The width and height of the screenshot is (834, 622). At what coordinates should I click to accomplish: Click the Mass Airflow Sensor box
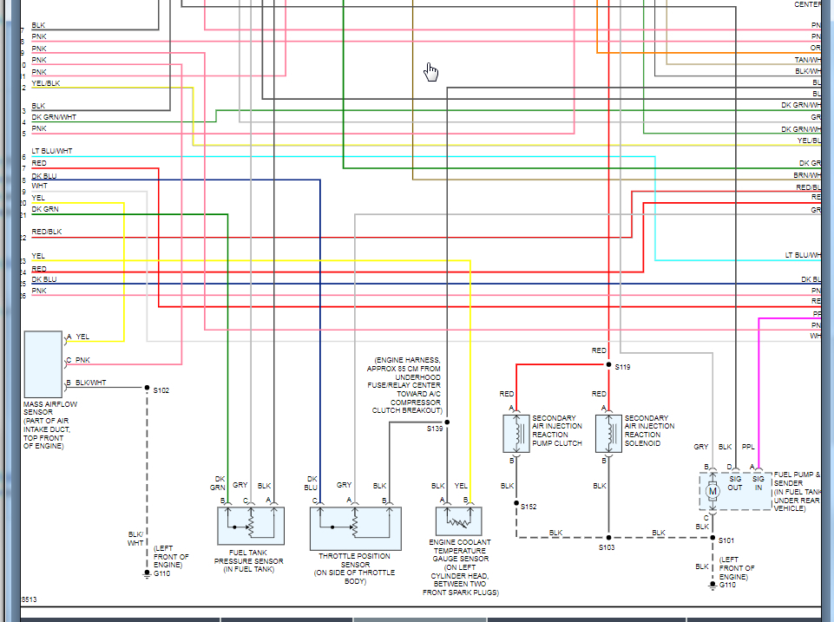click(x=43, y=363)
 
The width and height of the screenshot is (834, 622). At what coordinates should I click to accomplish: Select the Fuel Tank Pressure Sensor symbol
click(x=250, y=526)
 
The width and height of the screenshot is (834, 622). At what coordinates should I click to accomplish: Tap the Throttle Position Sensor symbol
click(x=354, y=527)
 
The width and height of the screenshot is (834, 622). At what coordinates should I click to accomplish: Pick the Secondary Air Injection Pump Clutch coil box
click(x=516, y=433)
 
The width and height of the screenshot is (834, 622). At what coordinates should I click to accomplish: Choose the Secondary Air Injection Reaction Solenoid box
click(x=608, y=433)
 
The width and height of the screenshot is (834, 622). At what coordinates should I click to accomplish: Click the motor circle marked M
click(x=713, y=491)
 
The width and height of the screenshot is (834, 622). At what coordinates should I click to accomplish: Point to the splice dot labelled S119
click(x=608, y=365)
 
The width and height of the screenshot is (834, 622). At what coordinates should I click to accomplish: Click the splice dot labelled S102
click(x=147, y=388)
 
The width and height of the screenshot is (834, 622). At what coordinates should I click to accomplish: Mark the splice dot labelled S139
click(x=447, y=422)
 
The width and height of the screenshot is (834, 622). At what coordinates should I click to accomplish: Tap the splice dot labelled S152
click(x=516, y=503)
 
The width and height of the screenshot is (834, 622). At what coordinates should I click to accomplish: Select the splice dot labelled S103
click(x=608, y=537)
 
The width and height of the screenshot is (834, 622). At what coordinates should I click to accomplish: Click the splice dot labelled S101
click(x=713, y=539)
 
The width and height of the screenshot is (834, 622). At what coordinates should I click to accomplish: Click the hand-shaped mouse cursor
click(x=431, y=72)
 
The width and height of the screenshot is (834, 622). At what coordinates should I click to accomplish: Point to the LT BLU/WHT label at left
click(x=52, y=151)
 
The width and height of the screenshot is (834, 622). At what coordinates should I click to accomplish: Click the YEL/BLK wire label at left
click(x=46, y=83)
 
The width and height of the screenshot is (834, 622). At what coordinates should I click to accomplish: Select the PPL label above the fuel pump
click(x=748, y=447)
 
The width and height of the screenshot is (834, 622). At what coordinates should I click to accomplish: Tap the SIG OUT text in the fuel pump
click(x=735, y=482)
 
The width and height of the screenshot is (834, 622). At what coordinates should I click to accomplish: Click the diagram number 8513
click(x=29, y=599)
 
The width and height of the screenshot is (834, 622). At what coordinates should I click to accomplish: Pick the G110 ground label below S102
click(x=163, y=573)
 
